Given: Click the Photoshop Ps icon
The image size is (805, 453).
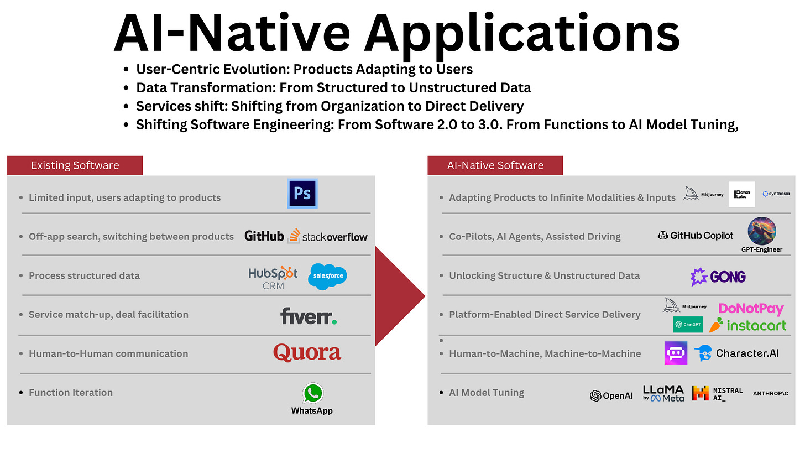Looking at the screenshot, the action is [x=302, y=193].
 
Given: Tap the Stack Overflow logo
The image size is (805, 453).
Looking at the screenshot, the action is [x=328, y=236].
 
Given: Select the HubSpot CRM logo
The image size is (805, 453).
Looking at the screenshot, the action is [x=273, y=277].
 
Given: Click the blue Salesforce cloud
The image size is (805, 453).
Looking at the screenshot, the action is [x=328, y=276].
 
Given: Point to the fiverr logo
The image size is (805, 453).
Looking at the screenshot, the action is [x=309, y=316].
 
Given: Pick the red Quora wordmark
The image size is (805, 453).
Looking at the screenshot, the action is [x=307, y=352].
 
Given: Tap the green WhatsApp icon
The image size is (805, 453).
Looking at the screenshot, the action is [x=312, y=393].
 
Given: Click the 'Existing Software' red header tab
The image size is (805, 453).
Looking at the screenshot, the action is [x=75, y=165].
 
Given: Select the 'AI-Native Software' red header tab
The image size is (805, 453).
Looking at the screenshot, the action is [x=495, y=165].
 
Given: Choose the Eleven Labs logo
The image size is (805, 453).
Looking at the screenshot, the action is [x=741, y=194].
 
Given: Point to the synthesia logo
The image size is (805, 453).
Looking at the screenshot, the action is [x=776, y=194].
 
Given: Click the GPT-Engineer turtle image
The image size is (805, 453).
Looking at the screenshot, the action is [x=762, y=231].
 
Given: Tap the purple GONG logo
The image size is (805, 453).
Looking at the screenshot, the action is [x=718, y=276].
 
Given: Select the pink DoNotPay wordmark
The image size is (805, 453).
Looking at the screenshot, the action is [x=751, y=309].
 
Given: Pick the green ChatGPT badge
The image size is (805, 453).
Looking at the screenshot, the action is [x=688, y=325].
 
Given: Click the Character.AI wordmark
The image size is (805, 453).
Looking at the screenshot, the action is [x=747, y=353].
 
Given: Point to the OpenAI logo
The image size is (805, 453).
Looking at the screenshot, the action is [x=611, y=395].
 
